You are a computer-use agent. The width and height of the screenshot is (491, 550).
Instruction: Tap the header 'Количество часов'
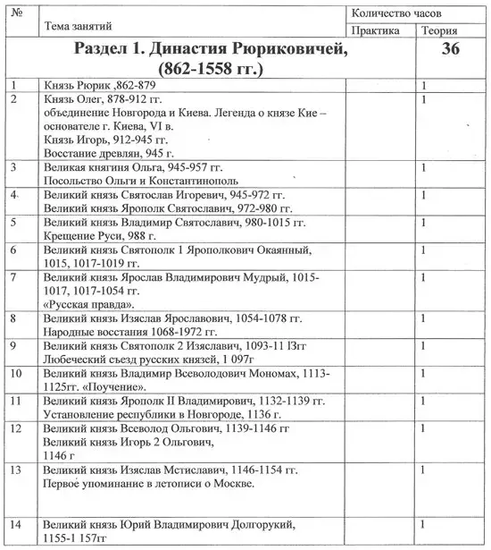pyautogui.click(x=394, y=13)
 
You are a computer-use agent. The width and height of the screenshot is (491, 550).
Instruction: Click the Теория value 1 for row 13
pyautogui.click(x=423, y=470)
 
